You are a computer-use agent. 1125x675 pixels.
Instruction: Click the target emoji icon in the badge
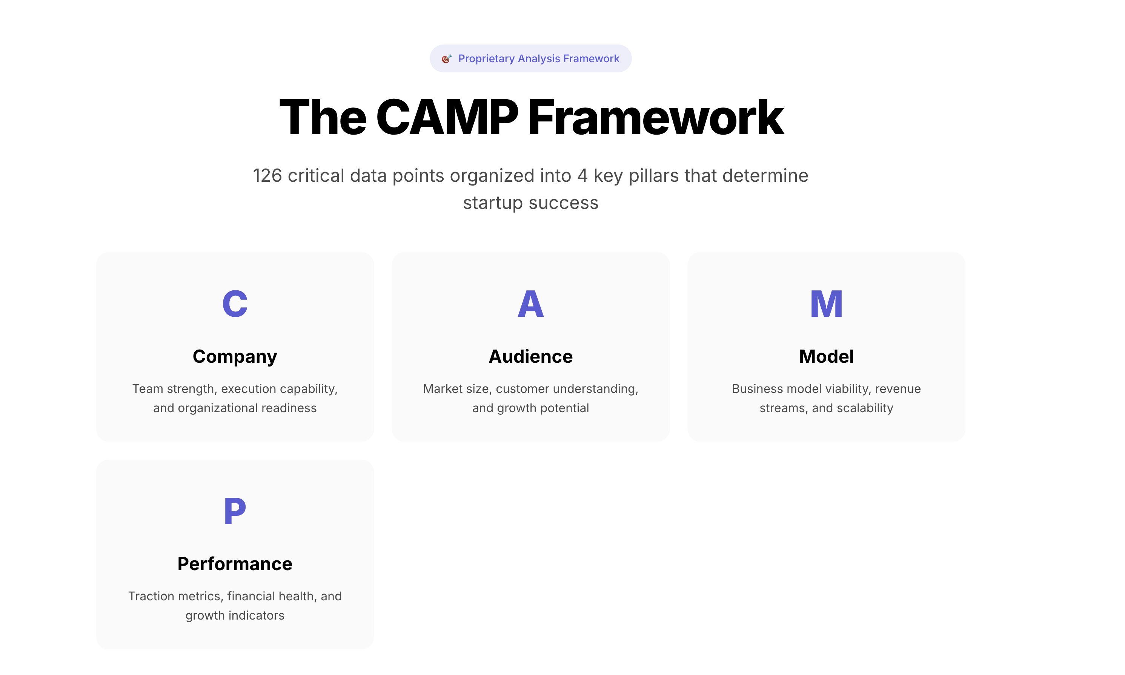coord(446,59)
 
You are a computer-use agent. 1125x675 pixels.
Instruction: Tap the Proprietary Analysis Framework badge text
coord(539,59)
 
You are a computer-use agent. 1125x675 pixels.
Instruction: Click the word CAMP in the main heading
coord(447,117)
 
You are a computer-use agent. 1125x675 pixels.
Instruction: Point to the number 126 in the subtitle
coord(267,176)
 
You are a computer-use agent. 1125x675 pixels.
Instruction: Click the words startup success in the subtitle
coord(530,203)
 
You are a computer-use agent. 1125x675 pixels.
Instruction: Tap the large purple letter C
coord(235,304)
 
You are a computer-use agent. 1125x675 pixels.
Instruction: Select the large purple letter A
coord(530,304)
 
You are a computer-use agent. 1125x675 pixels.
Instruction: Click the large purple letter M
coord(826,304)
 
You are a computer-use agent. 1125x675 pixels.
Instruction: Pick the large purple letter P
coord(235,511)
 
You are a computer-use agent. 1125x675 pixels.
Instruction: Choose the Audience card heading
coord(530,356)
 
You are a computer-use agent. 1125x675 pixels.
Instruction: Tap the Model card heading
coord(826,356)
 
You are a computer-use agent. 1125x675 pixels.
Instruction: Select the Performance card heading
coord(235,563)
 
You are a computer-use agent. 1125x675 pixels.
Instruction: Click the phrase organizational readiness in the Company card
coord(247,408)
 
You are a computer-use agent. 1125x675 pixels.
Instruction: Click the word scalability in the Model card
coord(865,408)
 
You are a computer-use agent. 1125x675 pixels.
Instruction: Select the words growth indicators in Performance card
coord(235,616)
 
